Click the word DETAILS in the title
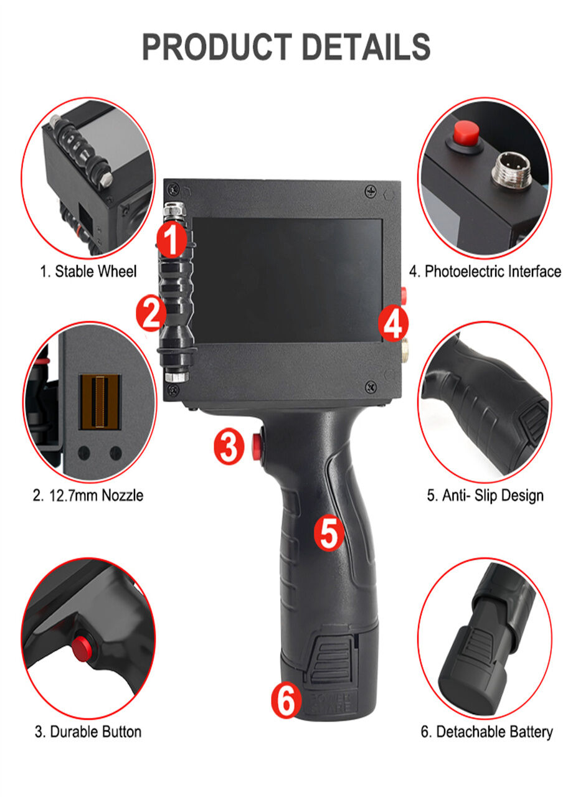pyautogui.click(x=366, y=47)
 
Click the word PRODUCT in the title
pyautogui.click(x=217, y=47)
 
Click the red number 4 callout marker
pyautogui.click(x=394, y=324)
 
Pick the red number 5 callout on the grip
pyautogui.click(x=329, y=534)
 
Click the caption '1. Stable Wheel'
pyautogui.click(x=88, y=271)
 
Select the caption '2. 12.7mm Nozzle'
pyautogui.click(x=88, y=496)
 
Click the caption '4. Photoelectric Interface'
pyautogui.click(x=485, y=271)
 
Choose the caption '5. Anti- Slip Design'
pyautogui.click(x=485, y=496)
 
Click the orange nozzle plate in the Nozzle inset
pyautogui.click(x=100, y=402)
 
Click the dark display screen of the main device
pyautogui.click(x=287, y=280)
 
